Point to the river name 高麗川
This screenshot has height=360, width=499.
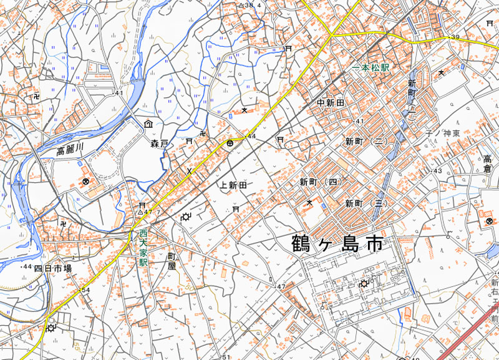click(69, 149)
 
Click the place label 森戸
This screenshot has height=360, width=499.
click(160, 144)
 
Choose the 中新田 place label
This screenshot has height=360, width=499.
click(331, 103)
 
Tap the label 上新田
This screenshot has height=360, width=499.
click(234, 185)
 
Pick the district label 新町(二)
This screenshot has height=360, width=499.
click(366, 142)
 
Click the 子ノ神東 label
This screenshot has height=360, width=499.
click(442, 134)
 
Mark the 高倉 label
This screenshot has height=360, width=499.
click(487, 164)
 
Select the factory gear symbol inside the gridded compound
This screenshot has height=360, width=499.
click(364, 284)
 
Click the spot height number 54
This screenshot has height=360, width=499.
click(85, 291)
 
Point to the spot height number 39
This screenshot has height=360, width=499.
click(455, 38)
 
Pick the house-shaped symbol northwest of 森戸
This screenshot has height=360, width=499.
click(148, 124)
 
